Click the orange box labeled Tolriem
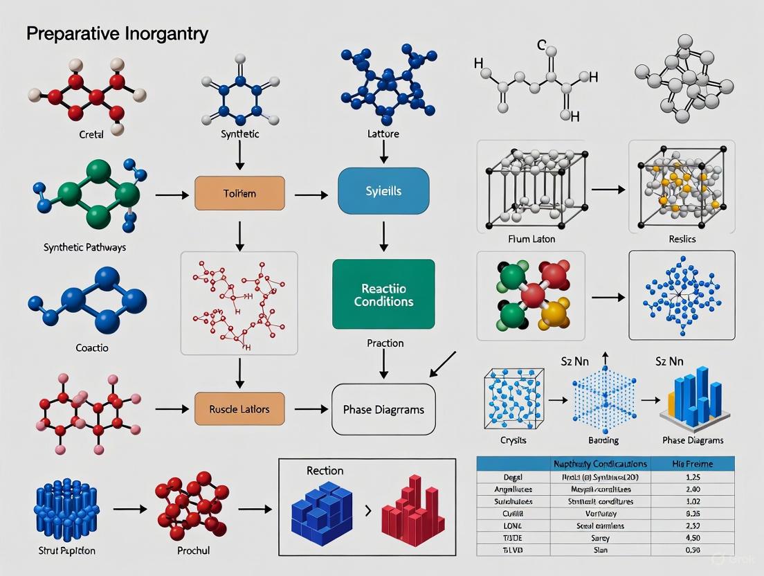[x=239, y=194]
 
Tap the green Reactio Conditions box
[x=383, y=294]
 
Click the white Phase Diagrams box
[x=383, y=409]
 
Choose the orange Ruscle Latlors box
[x=239, y=409]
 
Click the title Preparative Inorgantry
[x=117, y=34]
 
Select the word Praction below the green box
[x=385, y=343]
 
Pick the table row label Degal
[x=512, y=476]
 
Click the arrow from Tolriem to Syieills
[x=311, y=195]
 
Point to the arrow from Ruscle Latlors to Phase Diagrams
[x=311, y=409]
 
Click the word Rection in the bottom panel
[x=325, y=471]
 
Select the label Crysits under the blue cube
[x=513, y=440]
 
